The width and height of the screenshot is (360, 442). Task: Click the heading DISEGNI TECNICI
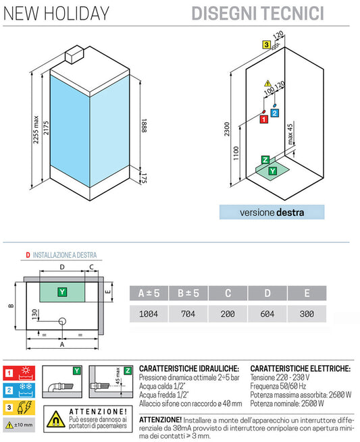tap(267, 12)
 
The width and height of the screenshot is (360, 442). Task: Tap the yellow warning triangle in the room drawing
tap(267, 82)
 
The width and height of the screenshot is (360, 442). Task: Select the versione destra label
tap(272, 213)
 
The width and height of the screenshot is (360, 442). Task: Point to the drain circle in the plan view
tap(62, 321)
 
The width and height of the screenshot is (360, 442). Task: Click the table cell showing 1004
tap(149, 314)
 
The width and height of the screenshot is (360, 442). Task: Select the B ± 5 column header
tap(188, 293)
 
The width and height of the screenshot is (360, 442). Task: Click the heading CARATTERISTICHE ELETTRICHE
tap(300, 369)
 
